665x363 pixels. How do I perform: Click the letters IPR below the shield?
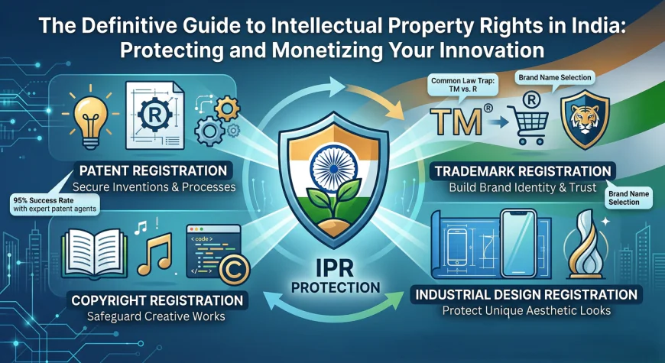(x=333, y=272)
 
